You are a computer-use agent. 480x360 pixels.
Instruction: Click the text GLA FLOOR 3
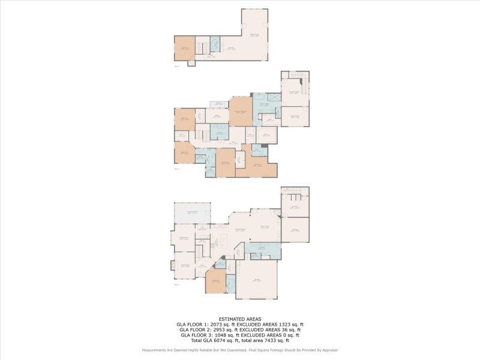pos(194,334)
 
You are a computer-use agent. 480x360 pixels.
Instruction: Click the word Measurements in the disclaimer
pos(155,350)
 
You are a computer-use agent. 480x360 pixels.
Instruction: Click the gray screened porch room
pos(192,212)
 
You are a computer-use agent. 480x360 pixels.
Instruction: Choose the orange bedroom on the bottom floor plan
pos(215,281)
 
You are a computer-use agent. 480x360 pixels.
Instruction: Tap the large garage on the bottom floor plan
pos(257,280)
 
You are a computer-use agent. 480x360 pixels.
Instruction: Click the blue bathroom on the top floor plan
pos(215,44)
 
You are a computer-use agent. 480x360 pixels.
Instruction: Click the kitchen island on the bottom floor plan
pos(223,241)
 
